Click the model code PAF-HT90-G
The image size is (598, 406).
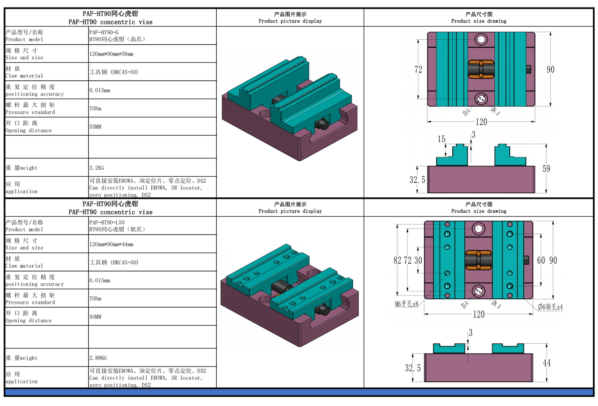pos(104,32)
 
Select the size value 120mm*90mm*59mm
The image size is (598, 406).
pos(111,54)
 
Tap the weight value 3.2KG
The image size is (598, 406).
pos(97,168)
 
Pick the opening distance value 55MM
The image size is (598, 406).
pos(95,127)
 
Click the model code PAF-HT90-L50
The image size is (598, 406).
pos(107,222)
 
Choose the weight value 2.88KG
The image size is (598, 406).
pos(98,358)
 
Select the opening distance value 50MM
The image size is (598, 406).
pos(95,317)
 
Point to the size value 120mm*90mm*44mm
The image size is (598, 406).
pos(111,244)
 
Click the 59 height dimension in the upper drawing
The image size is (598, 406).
pos(546,168)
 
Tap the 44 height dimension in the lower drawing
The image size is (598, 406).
pos(546,363)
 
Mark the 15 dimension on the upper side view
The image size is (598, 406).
pos(441,139)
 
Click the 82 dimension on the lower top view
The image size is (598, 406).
pos(397,261)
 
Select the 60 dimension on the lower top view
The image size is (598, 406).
pos(541,261)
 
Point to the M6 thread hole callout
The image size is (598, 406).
pos(406,304)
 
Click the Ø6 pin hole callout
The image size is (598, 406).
pos(550,307)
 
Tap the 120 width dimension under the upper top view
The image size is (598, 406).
pos(481,122)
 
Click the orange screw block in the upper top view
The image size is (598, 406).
pos(481,69)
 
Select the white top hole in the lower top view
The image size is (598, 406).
pos(478,229)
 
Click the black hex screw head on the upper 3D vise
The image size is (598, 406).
pos(322,124)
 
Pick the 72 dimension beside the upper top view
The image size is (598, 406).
pos(418,69)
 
